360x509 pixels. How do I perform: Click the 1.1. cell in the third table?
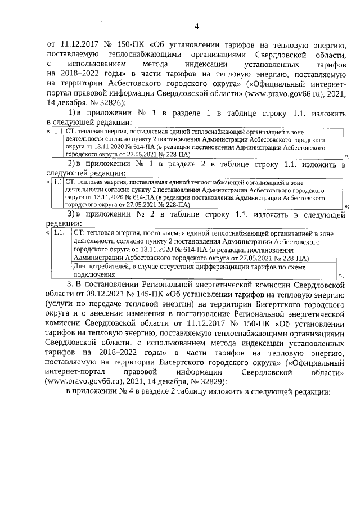[x=60, y=232]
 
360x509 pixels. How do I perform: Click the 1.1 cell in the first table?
[x=58, y=131]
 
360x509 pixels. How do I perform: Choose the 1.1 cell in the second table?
[x=58, y=182]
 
